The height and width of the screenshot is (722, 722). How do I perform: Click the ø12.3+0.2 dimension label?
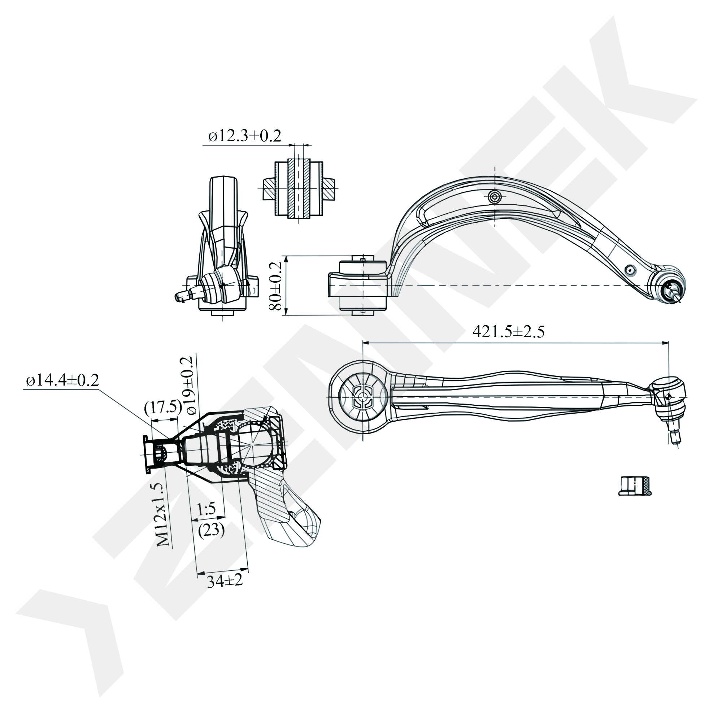(245, 136)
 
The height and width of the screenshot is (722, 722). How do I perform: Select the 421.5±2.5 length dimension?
(508, 331)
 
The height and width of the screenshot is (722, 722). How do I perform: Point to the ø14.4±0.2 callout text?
(62, 380)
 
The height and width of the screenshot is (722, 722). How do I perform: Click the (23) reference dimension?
(211, 530)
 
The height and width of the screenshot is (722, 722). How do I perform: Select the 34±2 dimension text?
(225, 582)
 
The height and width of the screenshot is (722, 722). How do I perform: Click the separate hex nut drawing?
(635, 486)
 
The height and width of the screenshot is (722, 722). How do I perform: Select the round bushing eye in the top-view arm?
(362, 397)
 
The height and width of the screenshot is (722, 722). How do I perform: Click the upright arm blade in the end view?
(223, 209)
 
